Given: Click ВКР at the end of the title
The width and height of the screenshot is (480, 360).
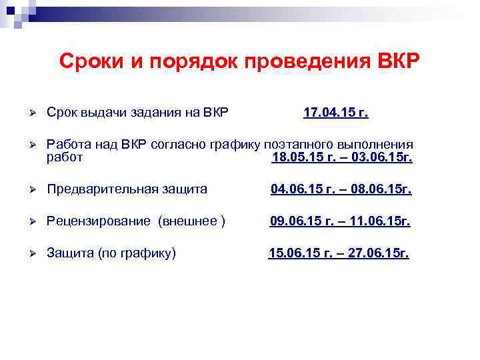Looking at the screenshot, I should [398, 62].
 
